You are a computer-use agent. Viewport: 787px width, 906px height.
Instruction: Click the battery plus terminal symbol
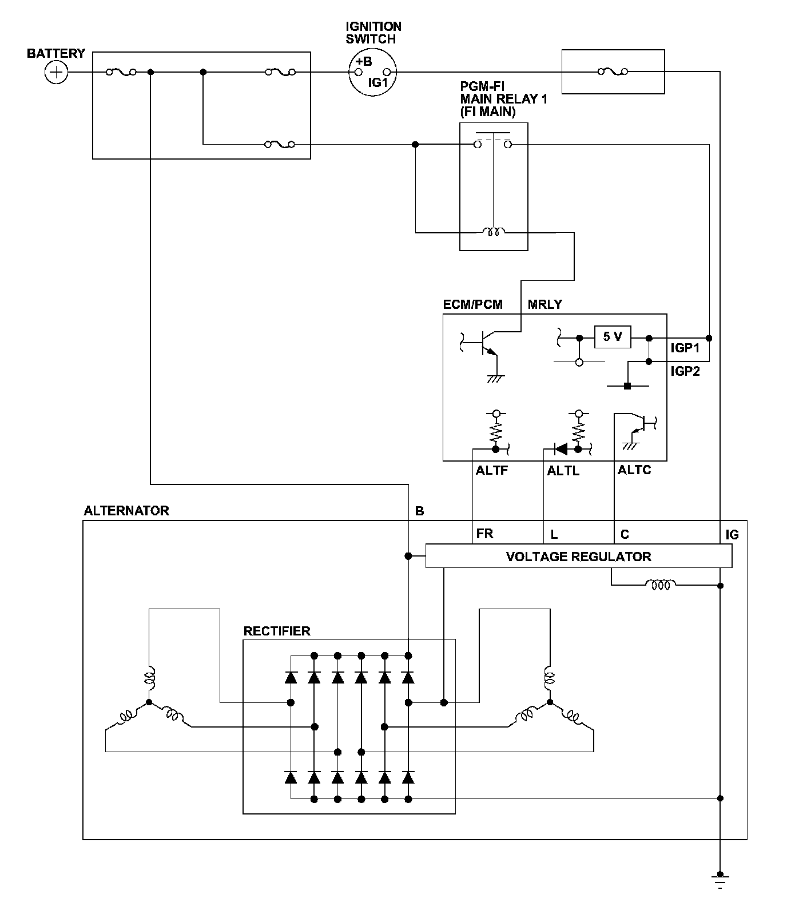click(x=56, y=73)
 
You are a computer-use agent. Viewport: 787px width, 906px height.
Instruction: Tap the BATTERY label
click(x=56, y=54)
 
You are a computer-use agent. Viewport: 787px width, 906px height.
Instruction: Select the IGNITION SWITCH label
click(x=373, y=33)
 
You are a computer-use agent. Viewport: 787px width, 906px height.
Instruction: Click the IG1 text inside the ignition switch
click(x=378, y=82)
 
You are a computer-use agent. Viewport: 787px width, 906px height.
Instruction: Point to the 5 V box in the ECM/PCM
click(x=613, y=337)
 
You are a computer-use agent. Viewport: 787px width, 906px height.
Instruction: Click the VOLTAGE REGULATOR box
click(x=579, y=556)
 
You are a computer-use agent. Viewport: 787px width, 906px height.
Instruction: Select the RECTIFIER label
click(x=277, y=631)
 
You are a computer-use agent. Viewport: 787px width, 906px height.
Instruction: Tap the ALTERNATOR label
click(x=126, y=511)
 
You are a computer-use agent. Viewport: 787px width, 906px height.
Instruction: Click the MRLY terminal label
click(x=544, y=304)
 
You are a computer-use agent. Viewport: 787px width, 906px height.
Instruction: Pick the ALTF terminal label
click(x=492, y=471)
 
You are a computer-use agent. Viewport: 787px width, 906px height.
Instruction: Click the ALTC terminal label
click(x=634, y=470)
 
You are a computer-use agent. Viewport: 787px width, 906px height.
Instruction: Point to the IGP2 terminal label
click(x=685, y=371)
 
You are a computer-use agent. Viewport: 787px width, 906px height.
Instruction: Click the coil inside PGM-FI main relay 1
click(x=493, y=232)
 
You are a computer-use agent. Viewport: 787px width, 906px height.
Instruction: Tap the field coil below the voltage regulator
click(x=661, y=585)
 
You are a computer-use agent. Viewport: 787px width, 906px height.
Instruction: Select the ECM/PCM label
click(x=473, y=304)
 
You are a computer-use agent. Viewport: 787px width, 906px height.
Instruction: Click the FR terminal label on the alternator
click(x=484, y=534)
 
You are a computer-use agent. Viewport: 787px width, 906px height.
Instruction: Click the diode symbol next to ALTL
click(x=561, y=449)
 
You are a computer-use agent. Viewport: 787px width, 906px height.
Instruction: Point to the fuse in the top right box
click(x=613, y=72)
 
